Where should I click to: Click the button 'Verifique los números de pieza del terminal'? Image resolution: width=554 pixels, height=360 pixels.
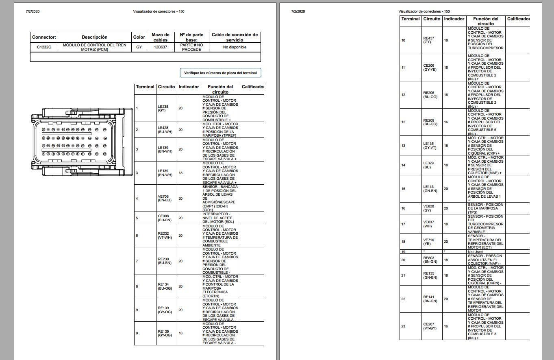pos(220,73)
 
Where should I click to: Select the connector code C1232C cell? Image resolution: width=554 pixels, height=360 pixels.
pos(44,47)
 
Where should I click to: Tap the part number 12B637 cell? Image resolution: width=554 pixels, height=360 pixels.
pos(160,47)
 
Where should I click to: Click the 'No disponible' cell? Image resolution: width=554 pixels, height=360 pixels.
pos(235,47)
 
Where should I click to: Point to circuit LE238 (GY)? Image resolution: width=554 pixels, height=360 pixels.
pos(162,109)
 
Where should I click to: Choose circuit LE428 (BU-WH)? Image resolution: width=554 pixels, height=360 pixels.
pos(165,130)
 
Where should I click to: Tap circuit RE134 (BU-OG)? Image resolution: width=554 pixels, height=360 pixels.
pos(165,286)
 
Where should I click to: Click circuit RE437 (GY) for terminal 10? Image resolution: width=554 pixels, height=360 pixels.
pos(428,40)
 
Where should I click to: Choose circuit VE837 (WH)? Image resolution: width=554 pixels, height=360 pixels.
pos(428,224)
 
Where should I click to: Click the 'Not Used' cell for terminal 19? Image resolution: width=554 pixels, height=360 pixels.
pos(475,252)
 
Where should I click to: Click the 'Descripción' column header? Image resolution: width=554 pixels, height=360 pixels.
pos(94,37)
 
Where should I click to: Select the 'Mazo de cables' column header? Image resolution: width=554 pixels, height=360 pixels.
pos(160,37)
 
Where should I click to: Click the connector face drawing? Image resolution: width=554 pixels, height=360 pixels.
pos(81,142)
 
